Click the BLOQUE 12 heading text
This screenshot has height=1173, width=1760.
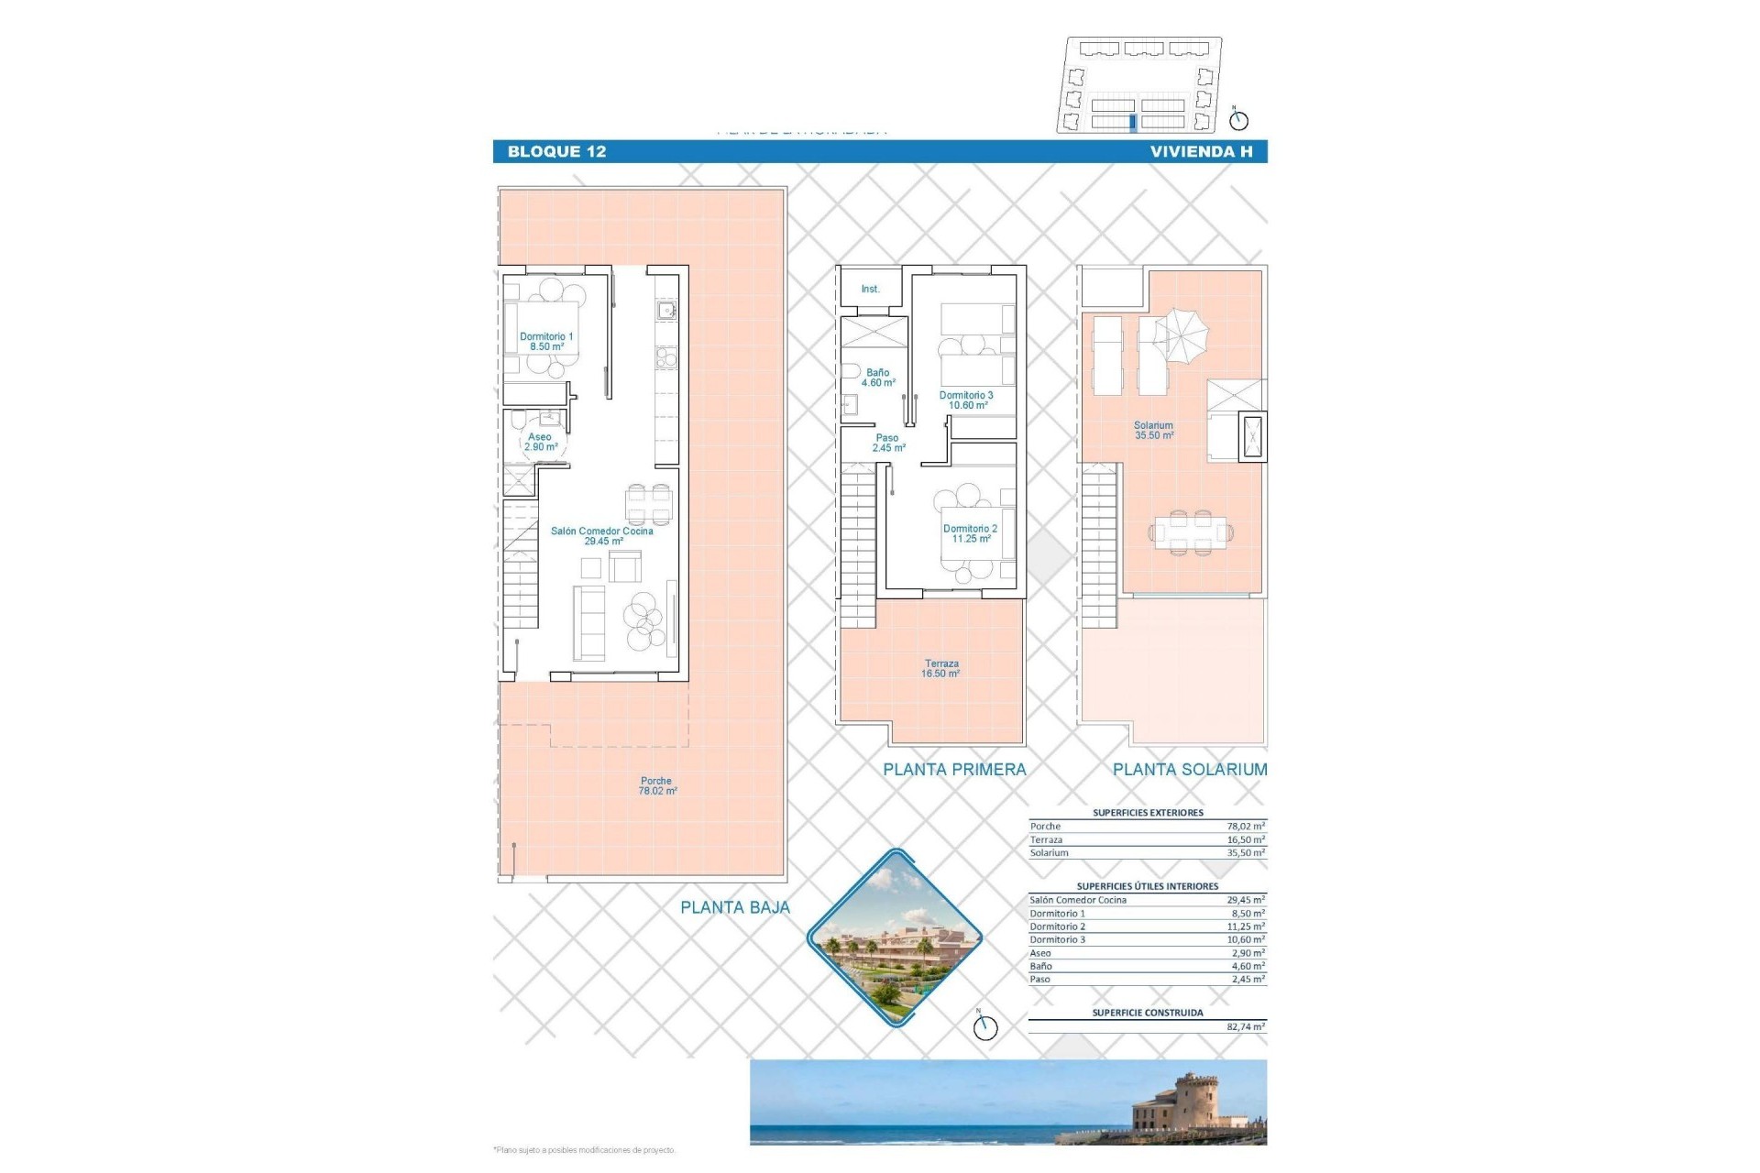pos(556,152)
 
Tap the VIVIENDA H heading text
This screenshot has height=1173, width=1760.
pos(1201,152)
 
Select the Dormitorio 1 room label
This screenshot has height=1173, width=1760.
pos(546,342)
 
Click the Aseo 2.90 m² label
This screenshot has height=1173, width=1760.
pos(540,442)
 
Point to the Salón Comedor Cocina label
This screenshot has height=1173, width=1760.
pos(602,536)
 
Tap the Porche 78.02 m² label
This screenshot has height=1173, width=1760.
pos(657,786)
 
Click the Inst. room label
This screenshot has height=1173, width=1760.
pos(870,290)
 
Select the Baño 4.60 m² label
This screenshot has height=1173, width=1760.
pos(878,378)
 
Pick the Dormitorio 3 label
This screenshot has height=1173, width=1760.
pos(966,400)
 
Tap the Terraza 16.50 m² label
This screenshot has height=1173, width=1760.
pos(941,669)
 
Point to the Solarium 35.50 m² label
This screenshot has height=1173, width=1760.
pos(1153,431)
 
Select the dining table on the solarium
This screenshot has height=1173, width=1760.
pos(1190,532)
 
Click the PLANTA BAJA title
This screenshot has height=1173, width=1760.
pos(734,908)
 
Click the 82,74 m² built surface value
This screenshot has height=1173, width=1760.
pos(1245,1027)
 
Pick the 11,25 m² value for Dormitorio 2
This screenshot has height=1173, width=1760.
pos(1245,926)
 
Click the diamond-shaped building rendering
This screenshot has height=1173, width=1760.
pos(895,937)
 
